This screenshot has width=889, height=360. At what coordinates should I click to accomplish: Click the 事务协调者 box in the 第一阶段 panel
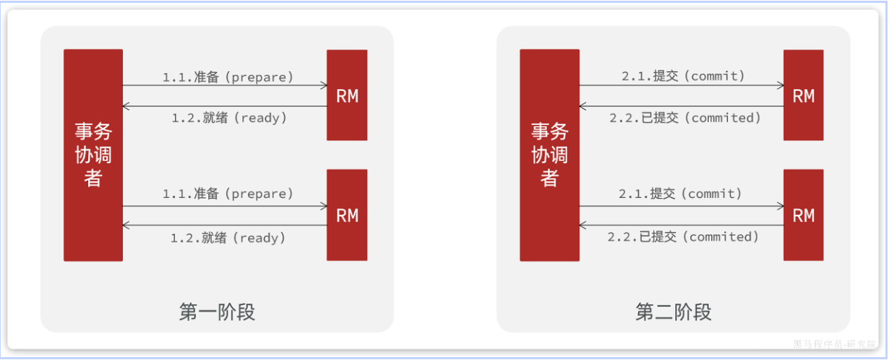point(93,155)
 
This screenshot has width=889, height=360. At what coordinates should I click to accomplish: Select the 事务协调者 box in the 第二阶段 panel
point(549,155)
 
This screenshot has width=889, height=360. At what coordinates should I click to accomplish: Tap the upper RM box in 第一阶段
point(347,95)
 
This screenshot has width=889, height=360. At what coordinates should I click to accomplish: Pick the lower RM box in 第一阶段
point(347,215)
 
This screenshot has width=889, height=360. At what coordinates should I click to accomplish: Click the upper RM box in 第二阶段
point(803,95)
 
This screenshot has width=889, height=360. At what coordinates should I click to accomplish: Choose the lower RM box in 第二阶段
point(803,215)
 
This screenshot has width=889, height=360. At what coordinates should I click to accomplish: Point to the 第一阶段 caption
point(217,312)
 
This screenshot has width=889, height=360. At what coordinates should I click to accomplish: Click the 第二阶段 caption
point(673,312)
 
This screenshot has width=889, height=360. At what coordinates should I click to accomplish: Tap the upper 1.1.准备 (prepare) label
point(228,76)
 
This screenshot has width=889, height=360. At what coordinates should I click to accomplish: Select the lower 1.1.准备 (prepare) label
point(228,194)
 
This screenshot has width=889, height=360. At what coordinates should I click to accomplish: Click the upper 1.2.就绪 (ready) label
point(228,118)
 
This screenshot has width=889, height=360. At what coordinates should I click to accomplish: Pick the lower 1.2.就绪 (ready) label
point(228,237)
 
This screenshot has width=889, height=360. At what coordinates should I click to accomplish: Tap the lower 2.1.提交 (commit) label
point(681,194)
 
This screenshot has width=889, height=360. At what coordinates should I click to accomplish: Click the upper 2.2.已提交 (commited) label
point(684,118)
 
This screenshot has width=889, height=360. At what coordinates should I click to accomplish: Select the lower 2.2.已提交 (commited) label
point(684,237)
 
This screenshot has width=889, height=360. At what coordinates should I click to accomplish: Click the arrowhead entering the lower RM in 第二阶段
point(780,206)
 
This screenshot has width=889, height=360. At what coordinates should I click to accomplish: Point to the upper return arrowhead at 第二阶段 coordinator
point(583,106)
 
